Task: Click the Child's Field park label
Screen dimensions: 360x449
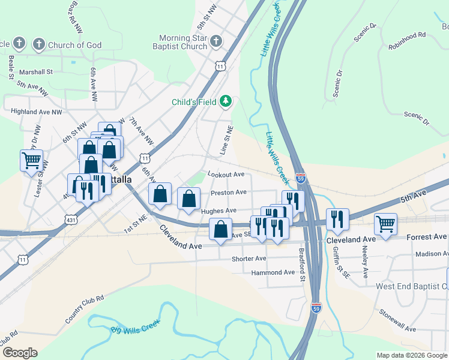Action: coord(193,101)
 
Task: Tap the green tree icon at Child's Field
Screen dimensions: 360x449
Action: coord(226,101)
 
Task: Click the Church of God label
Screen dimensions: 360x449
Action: coord(75,45)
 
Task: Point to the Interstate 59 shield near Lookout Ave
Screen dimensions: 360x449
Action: coord(301,178)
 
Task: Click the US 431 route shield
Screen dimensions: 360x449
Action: coord(71,220)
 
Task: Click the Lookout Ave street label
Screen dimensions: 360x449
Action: coord(226,175)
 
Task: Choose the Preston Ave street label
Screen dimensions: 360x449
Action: coord(229,193)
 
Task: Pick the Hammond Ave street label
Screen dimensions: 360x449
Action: coord(273,272)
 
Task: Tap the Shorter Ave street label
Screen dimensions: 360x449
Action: coord(249,259)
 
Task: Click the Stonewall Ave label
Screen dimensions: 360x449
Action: coord(398,321)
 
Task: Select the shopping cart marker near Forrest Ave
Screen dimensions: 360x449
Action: coord(385,224)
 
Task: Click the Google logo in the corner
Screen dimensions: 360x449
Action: coord(20,353)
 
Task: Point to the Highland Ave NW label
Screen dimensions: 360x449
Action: coord(37,112)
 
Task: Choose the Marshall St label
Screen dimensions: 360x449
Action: coord(36,71)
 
